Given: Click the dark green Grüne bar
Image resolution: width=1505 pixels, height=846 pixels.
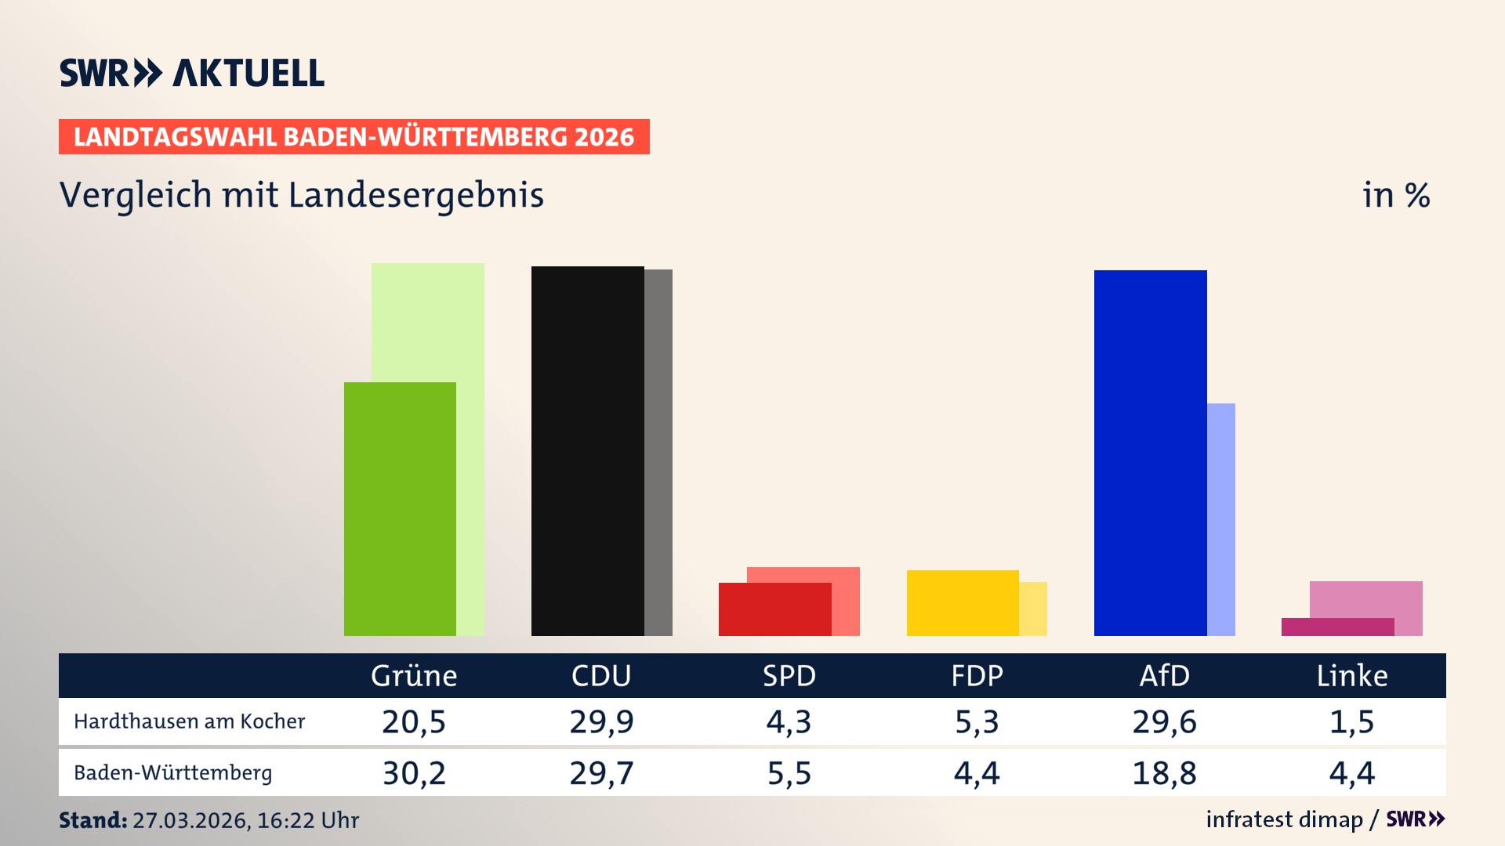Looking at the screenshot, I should (x=400, y=509).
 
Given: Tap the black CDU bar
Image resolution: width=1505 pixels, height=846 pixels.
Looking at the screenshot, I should (x=588, y=450).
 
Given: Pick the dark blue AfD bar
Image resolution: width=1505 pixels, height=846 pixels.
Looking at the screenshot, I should (x=1150, y=453).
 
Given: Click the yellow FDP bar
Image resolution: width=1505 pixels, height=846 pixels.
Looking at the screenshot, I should (x=963, y=602).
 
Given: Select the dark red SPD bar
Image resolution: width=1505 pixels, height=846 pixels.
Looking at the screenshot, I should (x=774, y=609).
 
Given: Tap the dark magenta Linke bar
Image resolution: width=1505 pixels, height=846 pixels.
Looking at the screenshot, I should (x=1337, y=627).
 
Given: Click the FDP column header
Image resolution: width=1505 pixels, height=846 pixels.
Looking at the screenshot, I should (x=977, y=675).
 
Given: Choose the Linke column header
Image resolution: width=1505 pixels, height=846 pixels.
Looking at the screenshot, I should (x=1352, y=675).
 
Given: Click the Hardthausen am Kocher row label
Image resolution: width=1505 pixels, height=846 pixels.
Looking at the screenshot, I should (x=189, y=721).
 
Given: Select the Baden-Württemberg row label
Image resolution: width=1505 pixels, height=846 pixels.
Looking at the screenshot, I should (x=172, y=773).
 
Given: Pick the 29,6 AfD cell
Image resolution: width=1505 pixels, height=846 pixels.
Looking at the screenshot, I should (x=1164, y=721).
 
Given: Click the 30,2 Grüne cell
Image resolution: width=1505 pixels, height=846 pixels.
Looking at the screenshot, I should (x=414, y=773).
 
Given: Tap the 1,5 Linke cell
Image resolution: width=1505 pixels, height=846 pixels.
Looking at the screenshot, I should (x=1352, y=721).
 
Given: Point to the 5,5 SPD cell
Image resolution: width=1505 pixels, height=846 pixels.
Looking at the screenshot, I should (x=789, y=773).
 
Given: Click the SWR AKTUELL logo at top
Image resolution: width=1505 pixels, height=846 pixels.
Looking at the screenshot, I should (x=192, y=73).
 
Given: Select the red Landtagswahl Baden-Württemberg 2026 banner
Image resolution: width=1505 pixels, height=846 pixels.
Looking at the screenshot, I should (x=354, y=136).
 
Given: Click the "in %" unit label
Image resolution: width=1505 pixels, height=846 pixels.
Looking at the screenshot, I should (x=1396, y=195).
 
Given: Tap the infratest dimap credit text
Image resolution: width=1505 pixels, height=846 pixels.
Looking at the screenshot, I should (x=1284, y=819).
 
